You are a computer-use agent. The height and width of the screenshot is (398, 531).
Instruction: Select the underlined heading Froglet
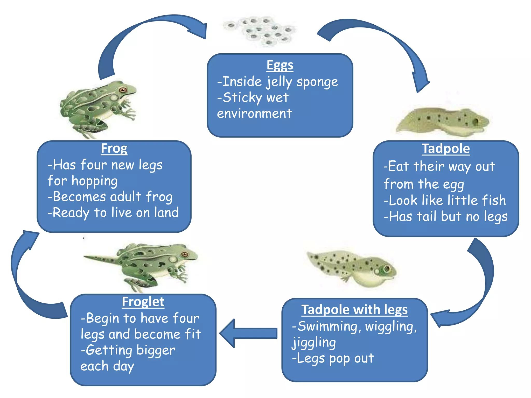pyautogui.click(x=143, y=302)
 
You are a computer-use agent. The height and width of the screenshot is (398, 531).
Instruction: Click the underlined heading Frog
pyautogui.click(x=114, y=148)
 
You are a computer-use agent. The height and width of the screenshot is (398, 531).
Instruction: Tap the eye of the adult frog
pyautogui.click(x=123, y=90)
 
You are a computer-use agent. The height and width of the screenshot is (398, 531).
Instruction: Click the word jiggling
pyautogui.click(x=314, y=343)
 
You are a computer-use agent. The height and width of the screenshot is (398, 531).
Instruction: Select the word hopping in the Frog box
pyautogui.click(x=95, y=181)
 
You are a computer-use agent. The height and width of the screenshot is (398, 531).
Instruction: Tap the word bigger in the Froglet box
pyautogui.click(x=156, y=351)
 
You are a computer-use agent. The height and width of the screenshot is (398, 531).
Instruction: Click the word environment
pyautogui.click(x=254, y=113)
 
